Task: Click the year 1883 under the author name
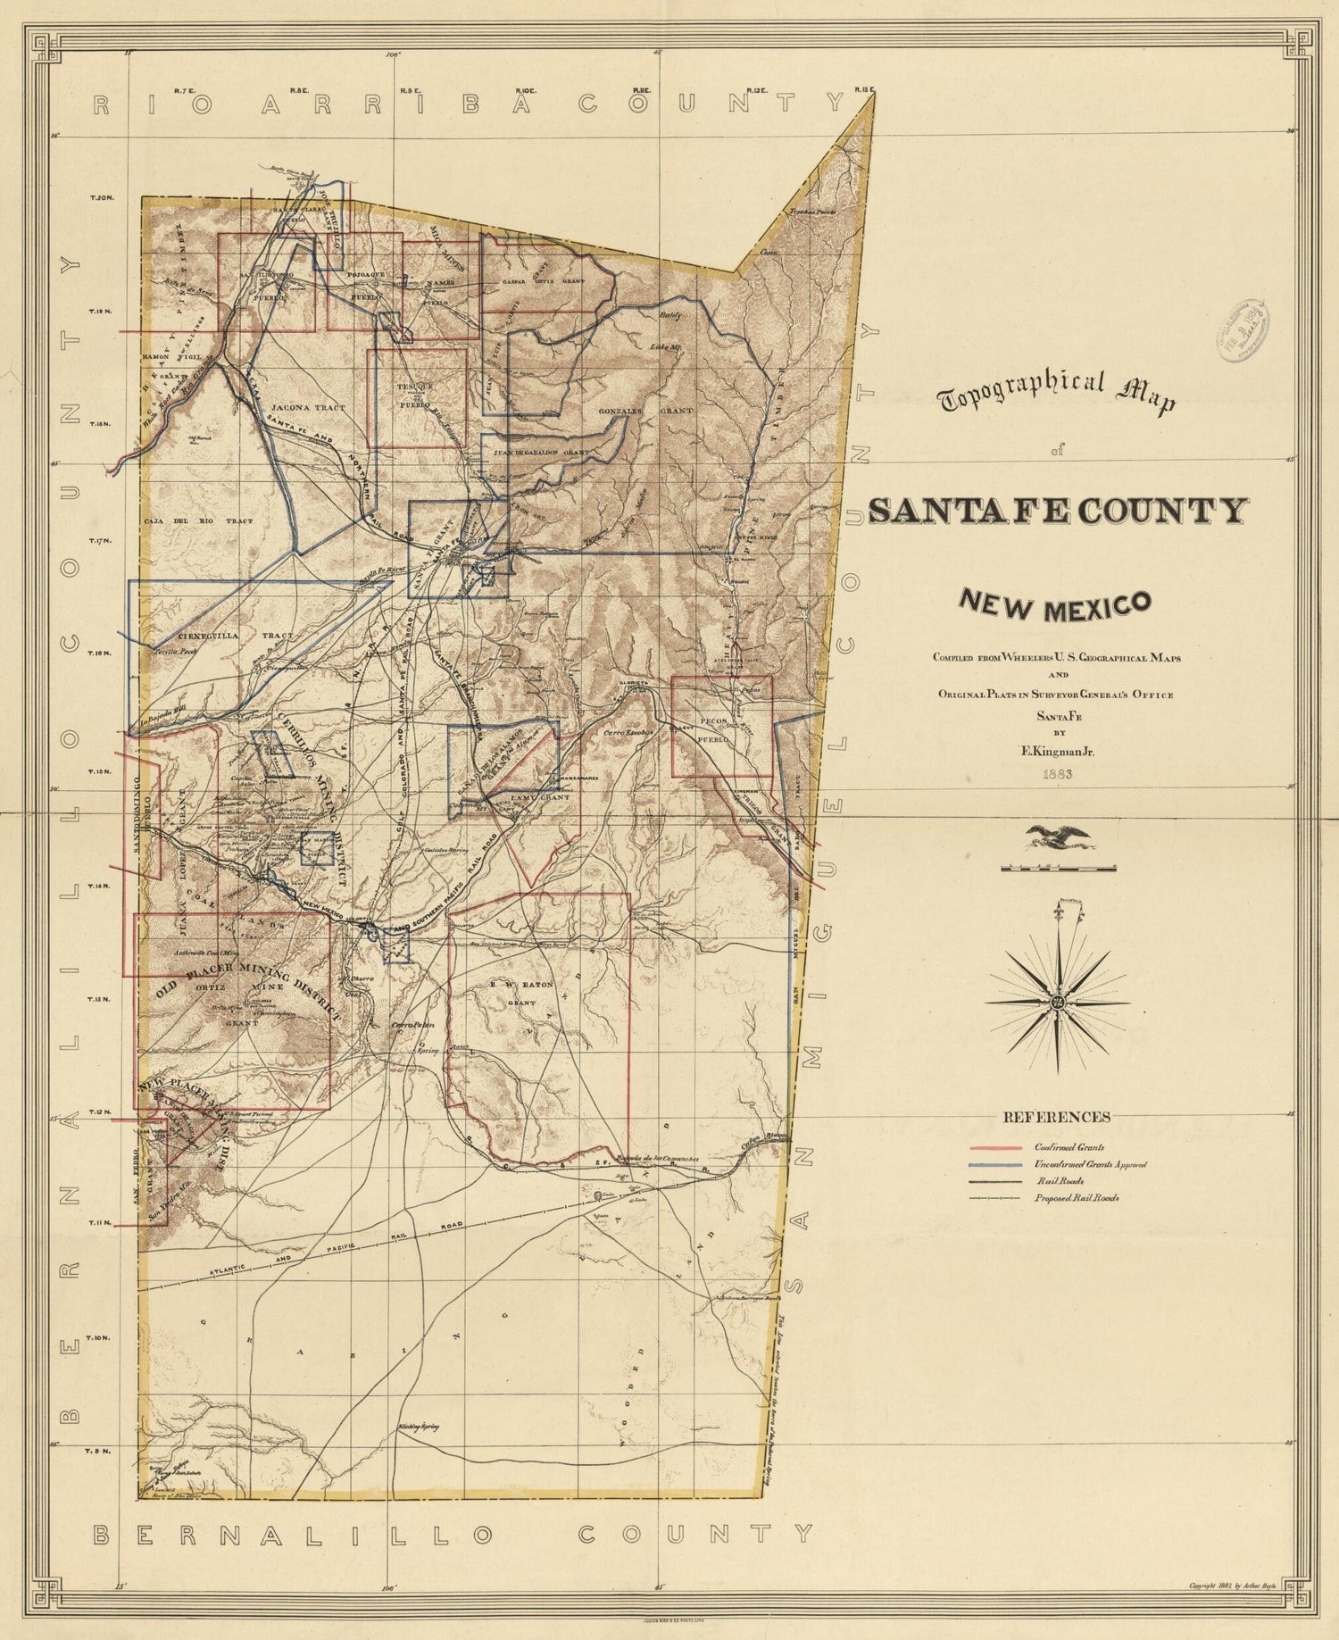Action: tap(1057, 774)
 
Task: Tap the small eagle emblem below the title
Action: tap(1059, 837)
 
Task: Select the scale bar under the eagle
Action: tap(1059, 867)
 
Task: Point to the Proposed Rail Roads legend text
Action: tap(1077, 1198)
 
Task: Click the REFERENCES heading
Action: tap(1057, 1117)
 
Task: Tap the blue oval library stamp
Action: tap(1247, 331)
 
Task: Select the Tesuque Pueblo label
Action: tap(415, 394)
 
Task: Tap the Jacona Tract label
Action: tap(307, 407)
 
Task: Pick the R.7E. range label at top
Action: tap(185, 90)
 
